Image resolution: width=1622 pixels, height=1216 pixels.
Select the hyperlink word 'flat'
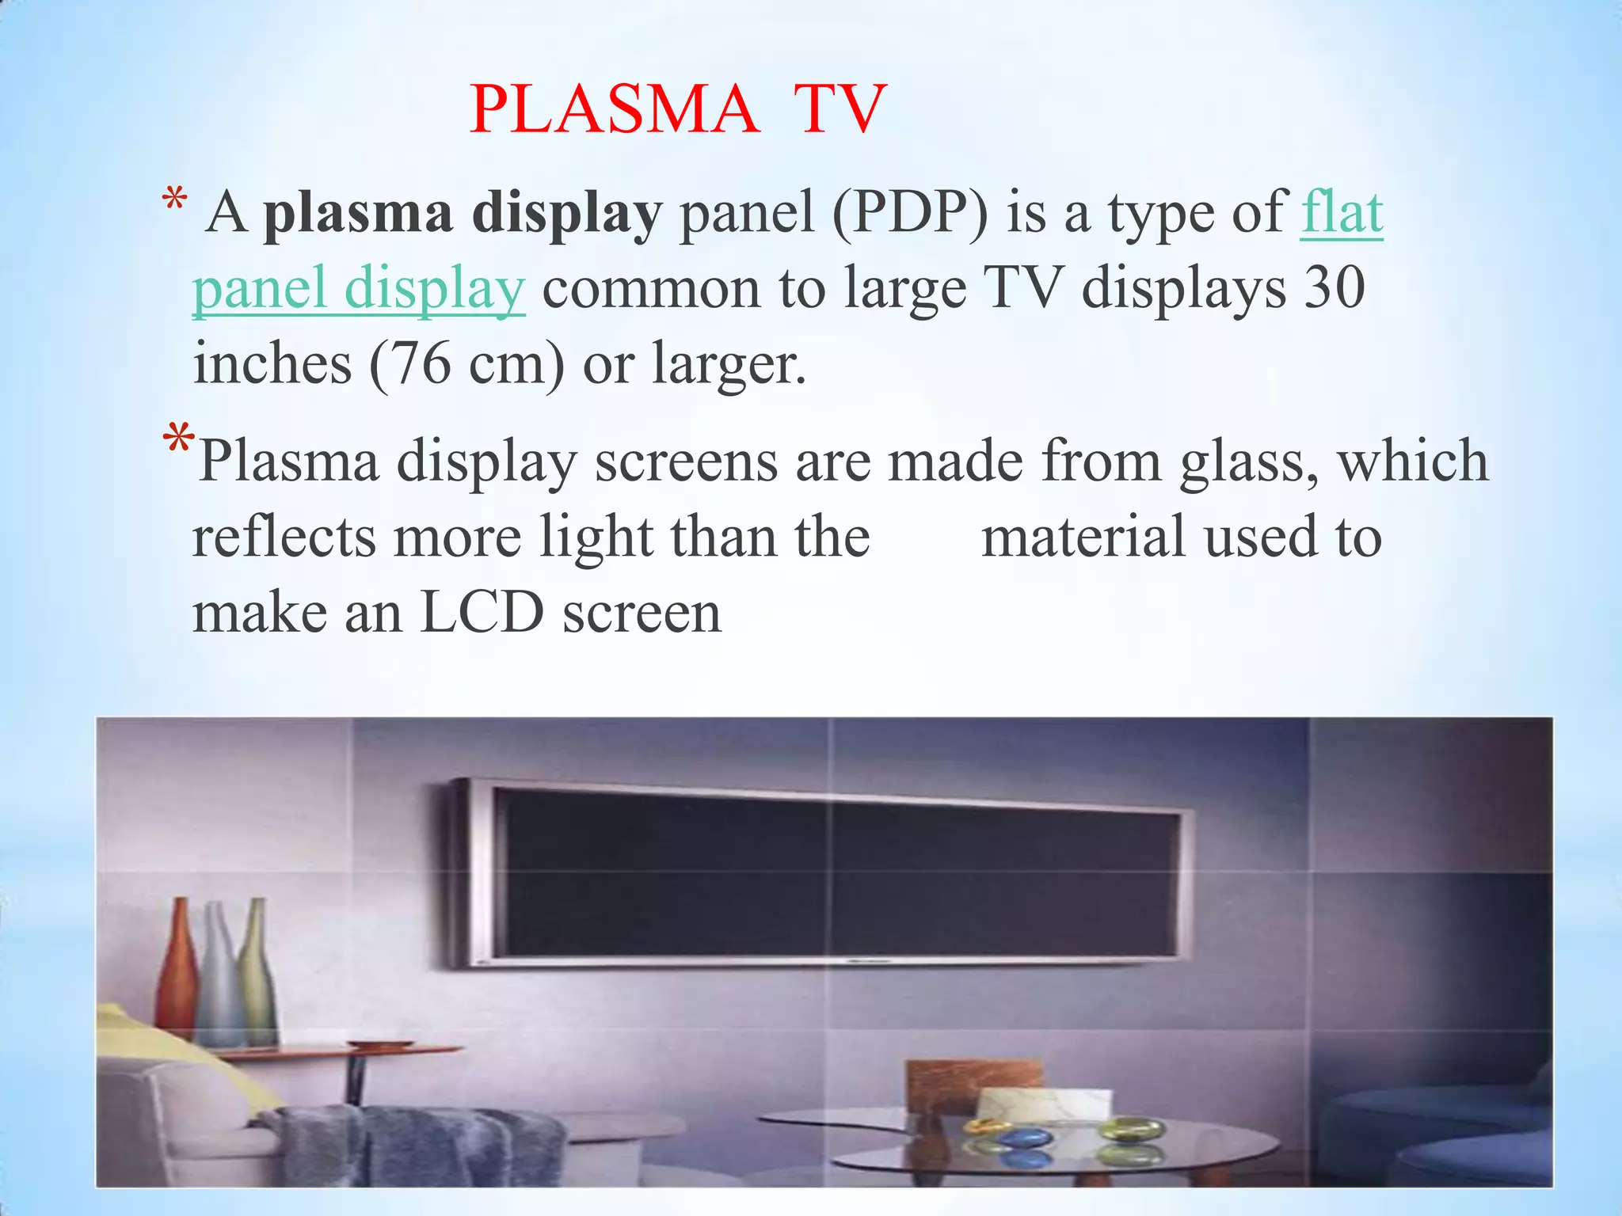pos(1342,212)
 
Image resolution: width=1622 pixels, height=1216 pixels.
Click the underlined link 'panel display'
pos(358,288)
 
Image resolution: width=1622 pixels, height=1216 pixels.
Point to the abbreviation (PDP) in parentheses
pos(910,212)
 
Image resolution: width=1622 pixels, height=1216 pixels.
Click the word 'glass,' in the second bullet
pos(1249,462)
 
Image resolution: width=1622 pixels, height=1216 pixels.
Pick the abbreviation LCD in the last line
pos(482,613)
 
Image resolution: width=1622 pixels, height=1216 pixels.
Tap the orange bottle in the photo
pos(178,966)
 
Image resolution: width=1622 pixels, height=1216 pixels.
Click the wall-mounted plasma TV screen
pos(832,871)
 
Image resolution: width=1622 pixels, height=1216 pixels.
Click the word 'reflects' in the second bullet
pos(284,537)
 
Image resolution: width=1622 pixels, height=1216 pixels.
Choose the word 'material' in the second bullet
pos(1083,537)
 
